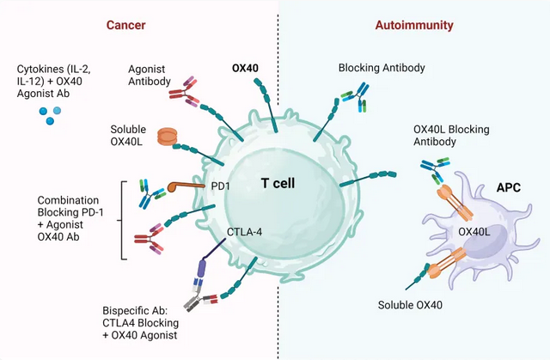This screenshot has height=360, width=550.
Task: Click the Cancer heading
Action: click(125, 26)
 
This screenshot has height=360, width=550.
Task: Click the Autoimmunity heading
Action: click(414, 26)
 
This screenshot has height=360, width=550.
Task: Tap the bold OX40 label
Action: click(247, 68)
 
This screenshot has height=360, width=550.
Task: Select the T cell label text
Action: click(279, 183)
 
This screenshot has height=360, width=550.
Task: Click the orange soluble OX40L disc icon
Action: click(168, 136)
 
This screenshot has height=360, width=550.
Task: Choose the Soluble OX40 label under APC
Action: click(412, 305)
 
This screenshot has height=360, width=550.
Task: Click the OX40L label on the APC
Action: click(474, 230)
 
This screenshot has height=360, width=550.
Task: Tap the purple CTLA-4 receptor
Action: click(202, 265)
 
